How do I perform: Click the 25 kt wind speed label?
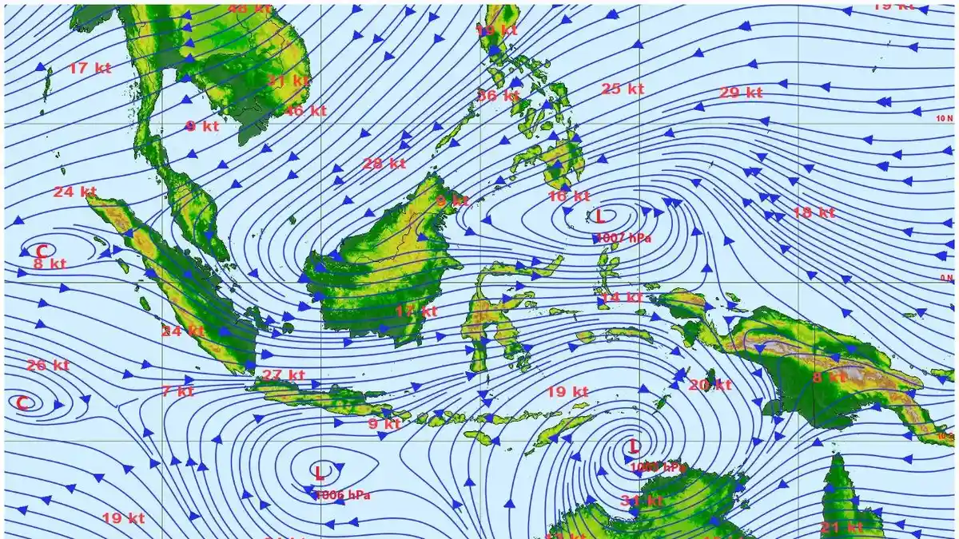pos(623,89)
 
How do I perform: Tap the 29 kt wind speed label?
pos(741,93)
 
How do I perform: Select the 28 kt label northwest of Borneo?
pos(384,164)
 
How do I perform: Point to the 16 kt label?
pos(568,196)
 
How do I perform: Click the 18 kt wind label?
pos(814,212)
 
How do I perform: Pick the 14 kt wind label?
pos(622,298)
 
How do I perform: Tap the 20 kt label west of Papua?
pos(710,385)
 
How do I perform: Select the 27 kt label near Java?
pos(284,375)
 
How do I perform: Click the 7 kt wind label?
pos(177,391)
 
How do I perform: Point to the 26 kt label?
pos(48,366)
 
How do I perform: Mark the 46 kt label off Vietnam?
pos(305,111)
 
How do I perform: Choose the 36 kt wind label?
pos(498,96)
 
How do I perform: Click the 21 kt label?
pos(842,527)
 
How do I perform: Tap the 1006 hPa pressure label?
pos(343,495)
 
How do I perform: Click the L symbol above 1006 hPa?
pos(320,473)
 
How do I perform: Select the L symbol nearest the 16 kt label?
pos(600,216)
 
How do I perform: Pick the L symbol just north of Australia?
pos(634,446)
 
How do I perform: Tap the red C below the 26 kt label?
pos(23,402)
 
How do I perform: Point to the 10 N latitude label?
pos(945,118)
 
